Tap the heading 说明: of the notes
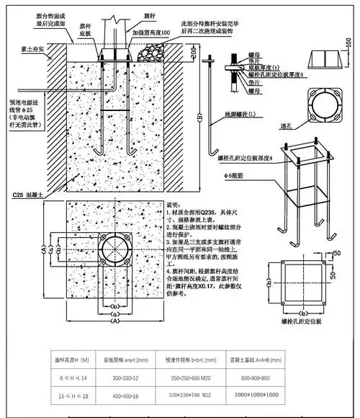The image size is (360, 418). [175, 205]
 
